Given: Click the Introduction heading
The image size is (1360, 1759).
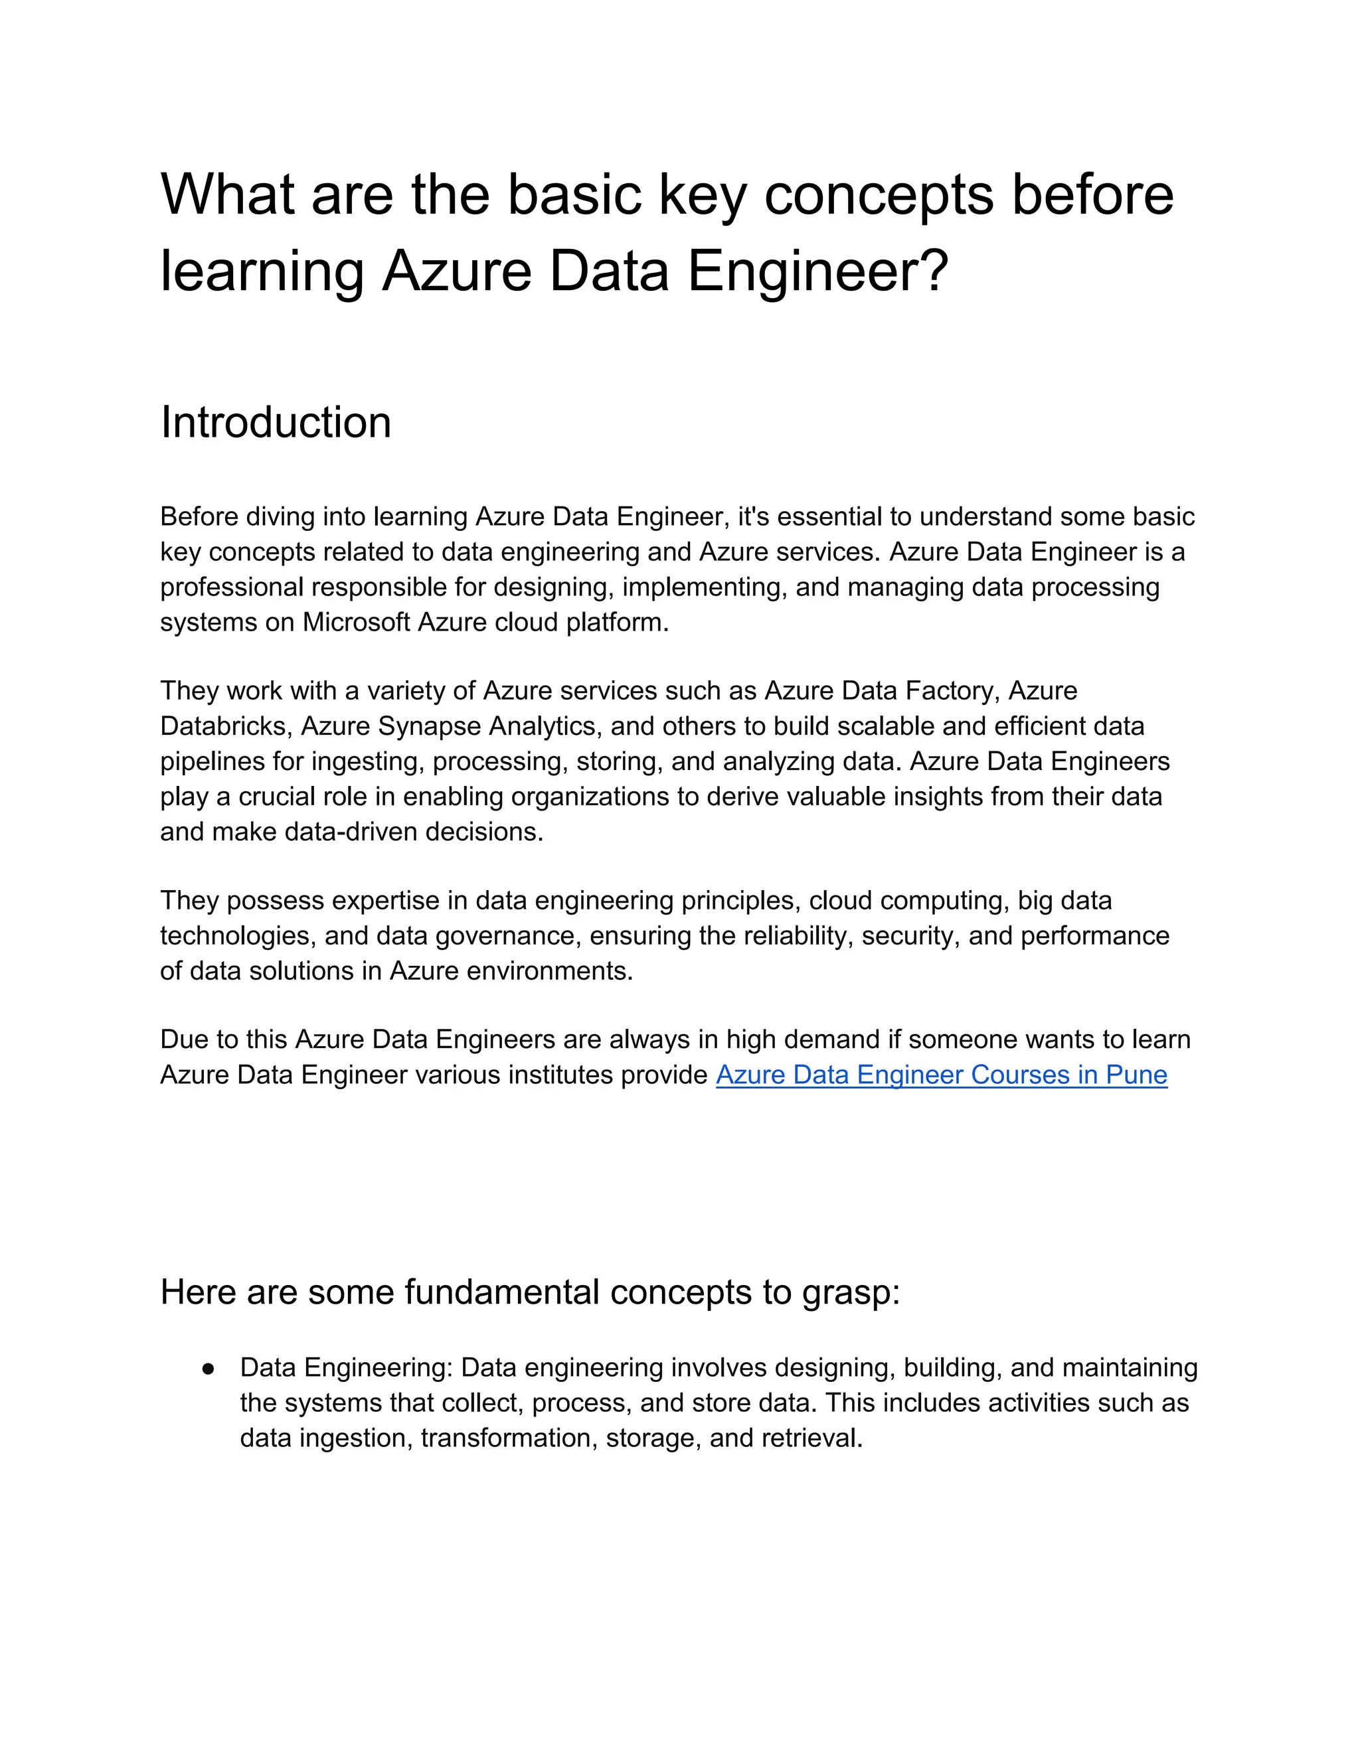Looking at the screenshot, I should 276,422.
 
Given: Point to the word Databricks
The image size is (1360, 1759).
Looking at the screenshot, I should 226,726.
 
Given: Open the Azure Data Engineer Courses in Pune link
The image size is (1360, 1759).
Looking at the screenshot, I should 941,1075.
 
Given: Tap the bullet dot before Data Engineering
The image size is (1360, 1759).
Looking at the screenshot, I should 209,1369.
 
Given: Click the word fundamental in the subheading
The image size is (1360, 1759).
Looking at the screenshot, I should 502,1292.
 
